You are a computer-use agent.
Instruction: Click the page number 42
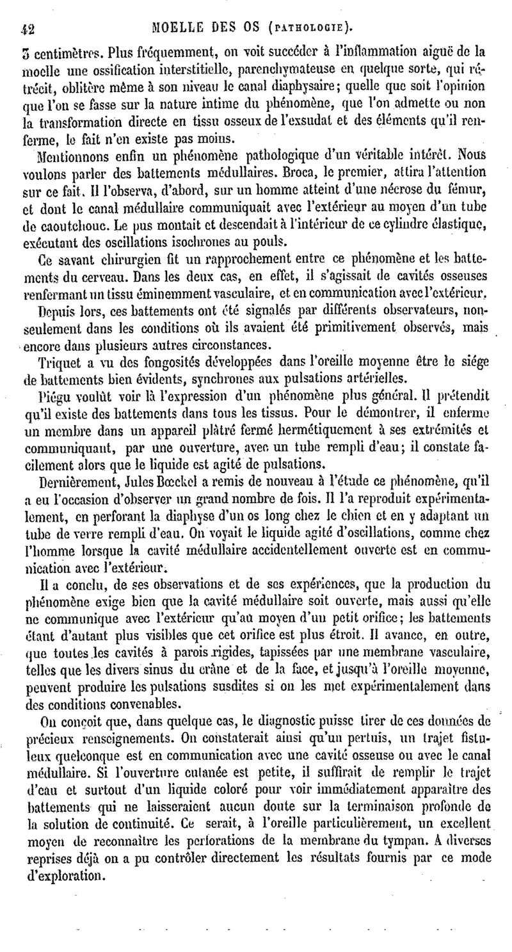[x=28, y=28]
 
